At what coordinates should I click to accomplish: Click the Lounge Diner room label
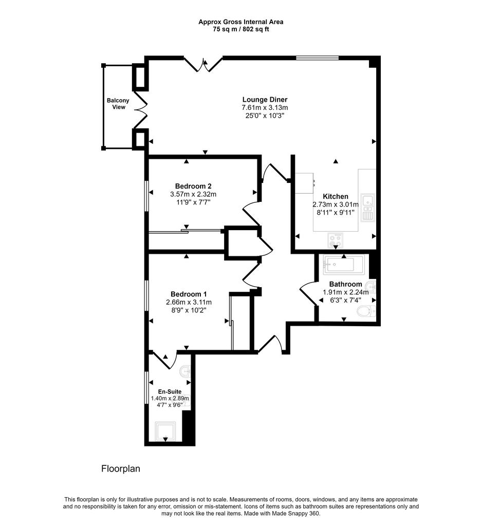[x=265, y=100]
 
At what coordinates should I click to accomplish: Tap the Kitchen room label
[x=336, y=197]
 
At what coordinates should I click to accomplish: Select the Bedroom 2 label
[x=193, y=186]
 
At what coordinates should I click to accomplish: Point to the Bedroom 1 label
[x=189, y=294]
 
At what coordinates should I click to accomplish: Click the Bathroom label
[x=345, y=284]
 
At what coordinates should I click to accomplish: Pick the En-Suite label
[x=170, y=391]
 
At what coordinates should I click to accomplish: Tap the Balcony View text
[x=118, y=104]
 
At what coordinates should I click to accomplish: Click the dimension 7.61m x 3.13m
[x=265, y=108]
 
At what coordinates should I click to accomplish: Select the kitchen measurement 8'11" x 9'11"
[x=336, y=212]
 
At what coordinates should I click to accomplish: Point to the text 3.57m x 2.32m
[x=193, y=194]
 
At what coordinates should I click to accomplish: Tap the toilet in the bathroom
[x=366, y=311]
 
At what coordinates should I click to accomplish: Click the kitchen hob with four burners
[x=336, y=240]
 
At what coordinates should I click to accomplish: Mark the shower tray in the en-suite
[x=165, y=431]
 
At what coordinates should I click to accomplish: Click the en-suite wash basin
[x=186, y=372]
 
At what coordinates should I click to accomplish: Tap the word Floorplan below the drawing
[x=121, y=468]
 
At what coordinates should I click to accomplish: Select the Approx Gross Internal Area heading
[x=241, y=22]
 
